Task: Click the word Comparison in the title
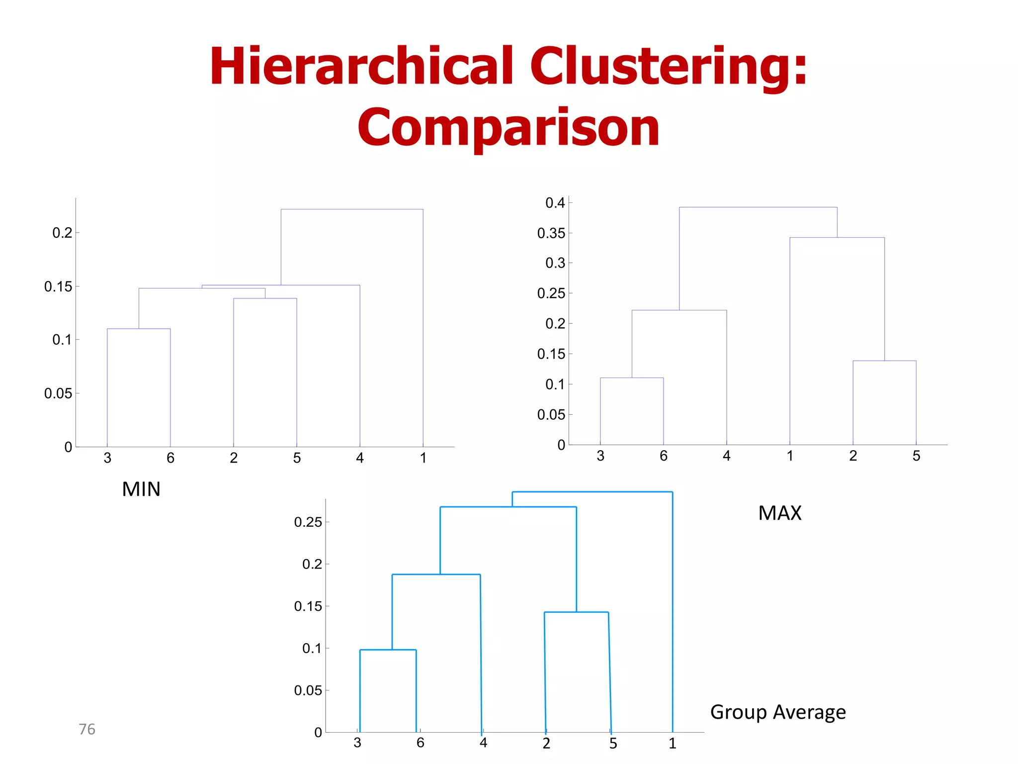[508, 128]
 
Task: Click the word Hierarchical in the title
[361, 67]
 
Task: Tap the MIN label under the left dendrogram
[141, 489]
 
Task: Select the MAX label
[779, 513]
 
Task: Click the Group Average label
[778, 712]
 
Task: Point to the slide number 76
[87, 729]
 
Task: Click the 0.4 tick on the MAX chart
[555, 203]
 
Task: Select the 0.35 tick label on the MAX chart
[551, 233]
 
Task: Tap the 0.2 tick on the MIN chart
[62, 233]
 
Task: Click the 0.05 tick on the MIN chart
[58, 393]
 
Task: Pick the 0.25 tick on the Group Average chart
[308, 522]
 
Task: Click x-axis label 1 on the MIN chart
[423, 458]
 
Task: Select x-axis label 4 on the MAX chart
[726, 456]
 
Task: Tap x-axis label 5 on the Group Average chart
[613, 744]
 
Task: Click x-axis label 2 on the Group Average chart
[546, 744]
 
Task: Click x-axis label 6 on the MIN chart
[170, 458]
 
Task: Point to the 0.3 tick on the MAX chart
[555, 263]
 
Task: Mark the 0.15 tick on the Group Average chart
[308, 606]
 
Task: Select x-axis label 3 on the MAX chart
[600, 456]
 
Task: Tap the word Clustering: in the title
[669, 67]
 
